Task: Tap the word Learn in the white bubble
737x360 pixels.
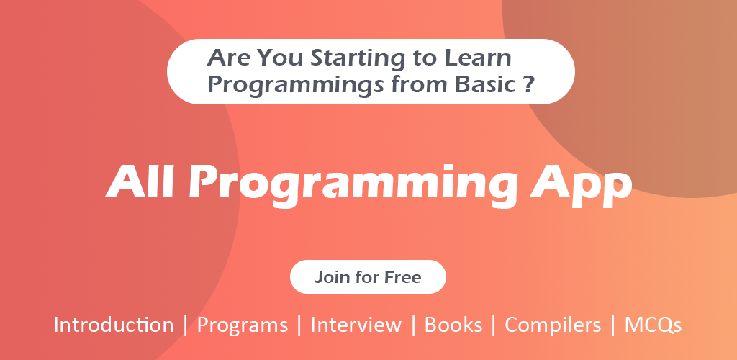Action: click(478, 58)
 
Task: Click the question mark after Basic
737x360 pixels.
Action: click(529, 84)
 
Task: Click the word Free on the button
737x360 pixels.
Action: click(402, 276)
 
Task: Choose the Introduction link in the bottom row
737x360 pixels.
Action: click(113, 325)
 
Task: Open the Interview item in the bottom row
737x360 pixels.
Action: click(356, 325)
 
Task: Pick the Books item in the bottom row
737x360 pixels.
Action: click(453, 325)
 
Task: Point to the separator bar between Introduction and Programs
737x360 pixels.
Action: click(185, 325)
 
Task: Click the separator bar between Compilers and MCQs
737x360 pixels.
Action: click(613, 325)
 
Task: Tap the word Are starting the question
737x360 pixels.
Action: click(230, 58)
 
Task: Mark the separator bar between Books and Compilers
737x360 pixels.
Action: click(494, 325)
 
